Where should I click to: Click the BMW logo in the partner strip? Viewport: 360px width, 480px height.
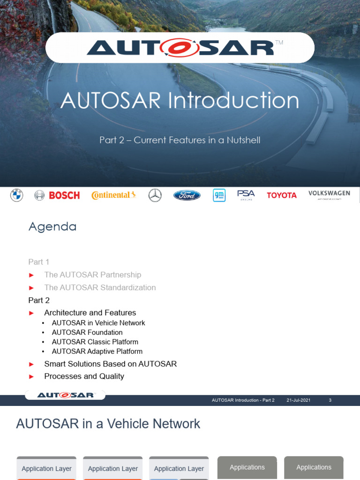[16, 195]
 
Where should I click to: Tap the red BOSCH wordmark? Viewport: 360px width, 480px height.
[64, 195]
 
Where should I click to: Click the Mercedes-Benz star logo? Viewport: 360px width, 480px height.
[155, 195]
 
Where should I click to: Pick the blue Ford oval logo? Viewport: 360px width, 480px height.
[187, 195]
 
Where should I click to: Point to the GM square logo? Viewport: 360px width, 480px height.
[219, 195]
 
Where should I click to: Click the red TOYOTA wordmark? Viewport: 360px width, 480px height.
[282, 195]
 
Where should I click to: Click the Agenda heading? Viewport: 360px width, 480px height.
[52, 227]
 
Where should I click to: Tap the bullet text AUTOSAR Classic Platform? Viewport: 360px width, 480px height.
[95, 342]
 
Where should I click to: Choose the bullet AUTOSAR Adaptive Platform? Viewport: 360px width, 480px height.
[97, 351]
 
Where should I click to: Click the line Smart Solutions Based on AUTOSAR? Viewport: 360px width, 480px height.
[110, 364]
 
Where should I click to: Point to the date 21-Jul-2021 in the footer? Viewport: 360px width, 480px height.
[298, 400]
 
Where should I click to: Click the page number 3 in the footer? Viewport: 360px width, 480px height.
[330, 400]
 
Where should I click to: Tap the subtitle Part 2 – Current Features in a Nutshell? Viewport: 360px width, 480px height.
[180, 140]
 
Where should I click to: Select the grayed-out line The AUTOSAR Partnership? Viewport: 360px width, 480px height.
[92, 275]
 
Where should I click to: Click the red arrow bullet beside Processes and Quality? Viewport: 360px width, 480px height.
[31, 376]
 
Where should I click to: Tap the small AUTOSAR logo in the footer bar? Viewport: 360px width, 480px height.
[65, 395]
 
